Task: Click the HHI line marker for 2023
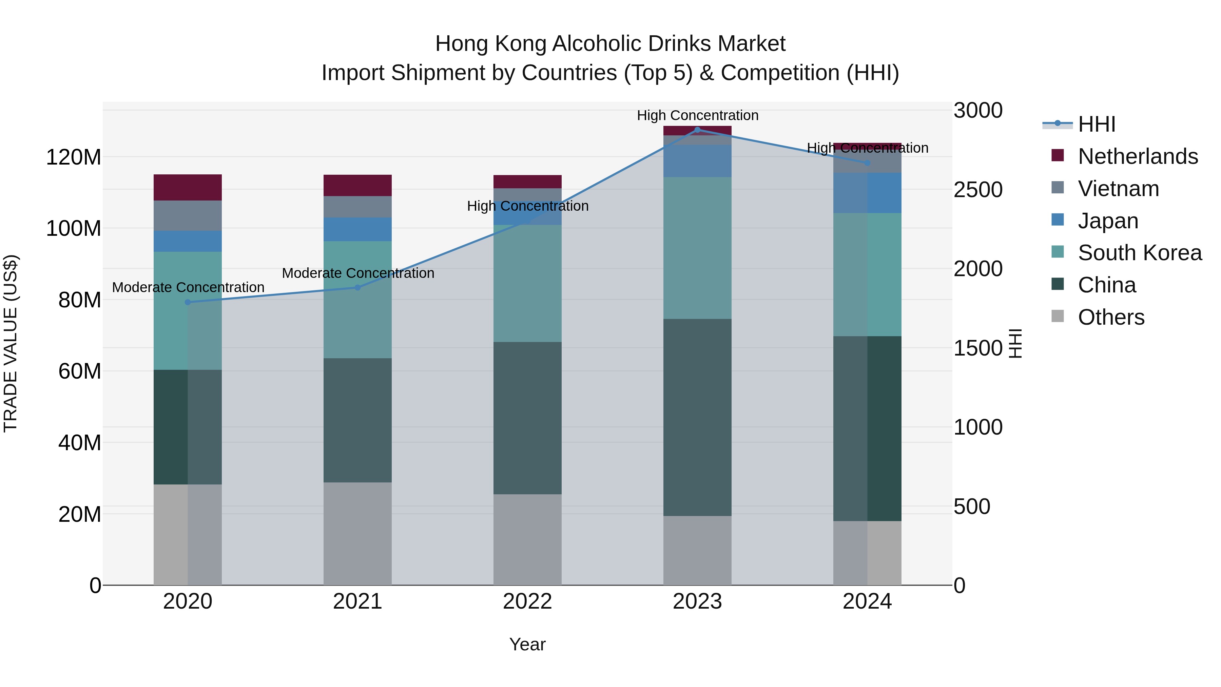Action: click(697, 130)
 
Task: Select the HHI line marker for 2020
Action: click(188, 302)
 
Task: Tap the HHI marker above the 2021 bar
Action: click(358, 287)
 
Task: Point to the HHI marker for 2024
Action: click(867, 163)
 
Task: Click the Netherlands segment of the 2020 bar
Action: click(188, 187)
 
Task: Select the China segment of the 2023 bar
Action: click(697, 417)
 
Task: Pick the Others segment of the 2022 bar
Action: click(527, 539)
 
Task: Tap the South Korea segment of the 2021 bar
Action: click(358, 300)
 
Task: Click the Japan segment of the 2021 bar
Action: click(358, 229)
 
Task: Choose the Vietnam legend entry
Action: click(1118, 189)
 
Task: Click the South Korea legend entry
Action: click(1140, 253)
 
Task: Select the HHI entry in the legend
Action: click(1096, 124)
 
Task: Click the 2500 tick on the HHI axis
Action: click(978, 190)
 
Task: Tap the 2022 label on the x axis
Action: click(527, 602)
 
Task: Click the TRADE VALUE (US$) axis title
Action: click(11, 343)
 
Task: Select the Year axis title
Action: click(527, 644)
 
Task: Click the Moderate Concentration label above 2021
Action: click(358, 273)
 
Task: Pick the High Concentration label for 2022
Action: click(527, 206)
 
